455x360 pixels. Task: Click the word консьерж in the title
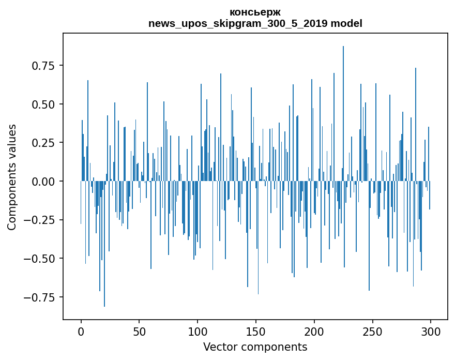[255, 12]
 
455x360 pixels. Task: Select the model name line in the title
[255, 23]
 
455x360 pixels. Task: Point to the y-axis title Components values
[12, 177]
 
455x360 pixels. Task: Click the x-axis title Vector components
[255, 347]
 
